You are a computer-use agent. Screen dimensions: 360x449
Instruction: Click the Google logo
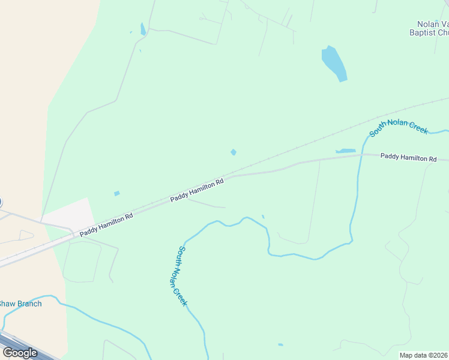[x=20, y=353]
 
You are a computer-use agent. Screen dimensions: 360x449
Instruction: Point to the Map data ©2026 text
[x=423, y=355]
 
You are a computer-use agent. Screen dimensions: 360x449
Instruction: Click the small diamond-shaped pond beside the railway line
[x=234, y=152]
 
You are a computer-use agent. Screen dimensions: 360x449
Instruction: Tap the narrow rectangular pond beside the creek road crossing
[x=346, y=151]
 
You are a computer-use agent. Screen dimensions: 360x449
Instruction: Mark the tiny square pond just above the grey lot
[x=117, y=193]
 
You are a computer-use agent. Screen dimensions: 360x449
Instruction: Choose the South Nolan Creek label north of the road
[x=399, y=127]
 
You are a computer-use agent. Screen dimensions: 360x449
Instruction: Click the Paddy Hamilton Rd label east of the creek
[x=409, y=157]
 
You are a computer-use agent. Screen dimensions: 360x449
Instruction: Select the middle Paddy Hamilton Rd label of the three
[x=197, y=190]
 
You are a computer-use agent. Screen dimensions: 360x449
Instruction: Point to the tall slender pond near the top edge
[x=143, y=29]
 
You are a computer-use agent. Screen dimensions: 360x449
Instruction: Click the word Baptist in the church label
[x=423, y=33]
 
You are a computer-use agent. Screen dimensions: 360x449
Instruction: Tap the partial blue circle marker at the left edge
[x=1, y=202]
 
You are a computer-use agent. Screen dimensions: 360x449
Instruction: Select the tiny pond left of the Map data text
[x=280, y=344]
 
